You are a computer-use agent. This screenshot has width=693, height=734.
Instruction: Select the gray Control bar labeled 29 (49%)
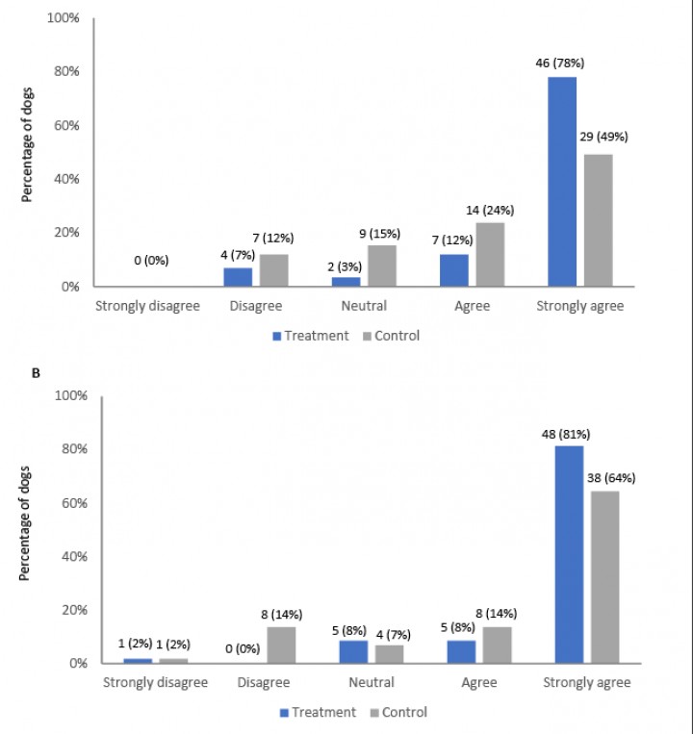click(x=598, y=220)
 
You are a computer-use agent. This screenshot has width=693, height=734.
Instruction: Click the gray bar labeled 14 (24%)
click(x=489, y=254)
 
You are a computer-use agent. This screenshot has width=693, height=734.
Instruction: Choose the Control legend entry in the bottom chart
click(x=397, y=713)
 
